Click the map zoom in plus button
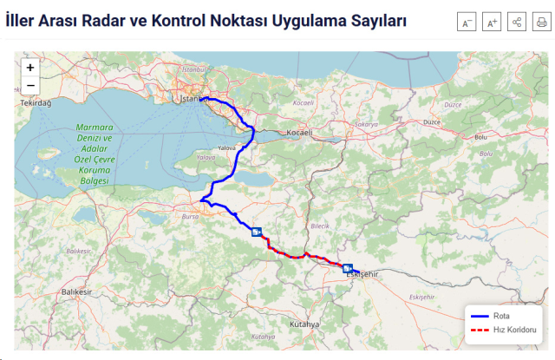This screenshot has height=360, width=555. tap(30, 67)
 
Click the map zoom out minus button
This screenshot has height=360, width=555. tap(30, 85)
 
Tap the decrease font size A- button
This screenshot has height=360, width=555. tap(467, 23)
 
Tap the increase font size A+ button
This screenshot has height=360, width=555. tap(492, 23)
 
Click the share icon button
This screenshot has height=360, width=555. tap(516, 23)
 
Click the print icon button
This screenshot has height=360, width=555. tap(540, 23)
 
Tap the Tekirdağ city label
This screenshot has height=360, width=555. tap(36, 103)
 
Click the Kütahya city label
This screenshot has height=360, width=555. tap(305, 324)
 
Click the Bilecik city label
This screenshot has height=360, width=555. tap(320, 226)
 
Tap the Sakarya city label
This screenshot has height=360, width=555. tap(366, 124)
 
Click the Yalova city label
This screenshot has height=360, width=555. tap(226, 148)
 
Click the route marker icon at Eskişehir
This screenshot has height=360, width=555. tap(348, 268)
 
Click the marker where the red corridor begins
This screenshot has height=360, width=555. tap(256, 232)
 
